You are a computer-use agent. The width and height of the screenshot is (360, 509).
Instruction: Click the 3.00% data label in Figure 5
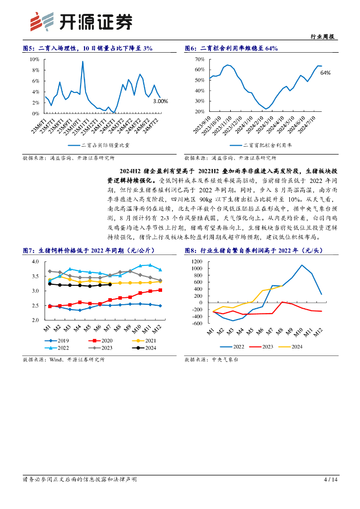[x=160, y=101]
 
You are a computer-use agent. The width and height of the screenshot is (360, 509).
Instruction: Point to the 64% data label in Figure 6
[x=326, y=73]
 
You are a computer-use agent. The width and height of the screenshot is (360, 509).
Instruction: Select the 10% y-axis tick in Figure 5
[x=35, y=59]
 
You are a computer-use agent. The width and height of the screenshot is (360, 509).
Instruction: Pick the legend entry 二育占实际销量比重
[x=106, y=146]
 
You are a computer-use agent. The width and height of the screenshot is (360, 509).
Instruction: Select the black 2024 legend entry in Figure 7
[x=145, y=348]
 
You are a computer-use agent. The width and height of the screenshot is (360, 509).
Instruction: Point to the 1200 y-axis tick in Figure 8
[x=197, y=261]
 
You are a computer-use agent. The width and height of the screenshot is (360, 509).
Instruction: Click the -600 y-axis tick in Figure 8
[x=197, y=323]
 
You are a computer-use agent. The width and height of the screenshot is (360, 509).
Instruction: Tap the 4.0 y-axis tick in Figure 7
[x=35, y=261]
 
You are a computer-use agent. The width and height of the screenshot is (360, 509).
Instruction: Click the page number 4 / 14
[x=331, y=480]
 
